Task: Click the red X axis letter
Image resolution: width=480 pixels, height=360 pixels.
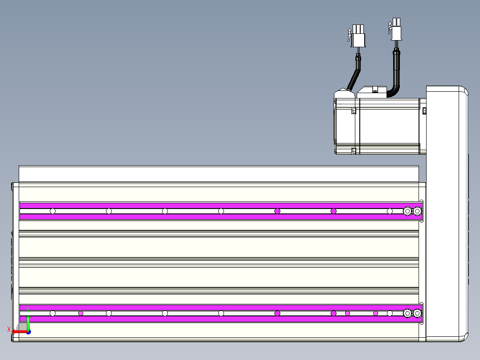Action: [9, 329]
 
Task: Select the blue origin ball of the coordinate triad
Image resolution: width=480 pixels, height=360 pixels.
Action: [28, 332]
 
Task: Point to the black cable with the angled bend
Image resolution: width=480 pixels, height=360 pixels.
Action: [354, 72]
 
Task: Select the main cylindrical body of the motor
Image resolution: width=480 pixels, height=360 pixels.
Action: [389, 126]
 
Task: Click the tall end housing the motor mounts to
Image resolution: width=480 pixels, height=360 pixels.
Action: [447, 214]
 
